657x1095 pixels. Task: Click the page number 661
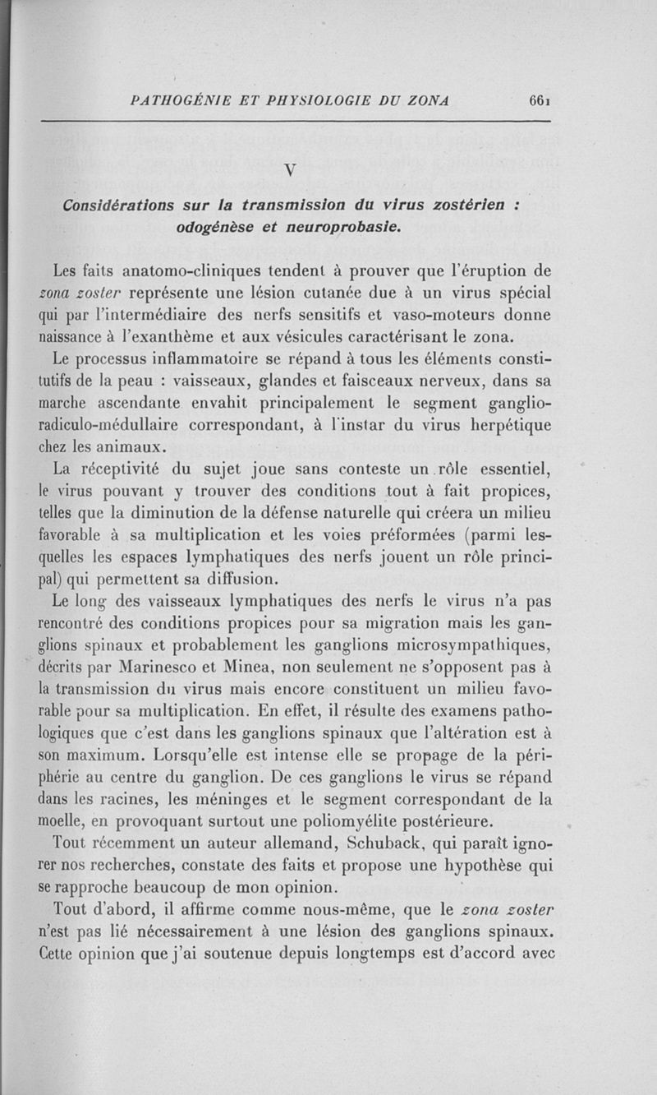[539, 101]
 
